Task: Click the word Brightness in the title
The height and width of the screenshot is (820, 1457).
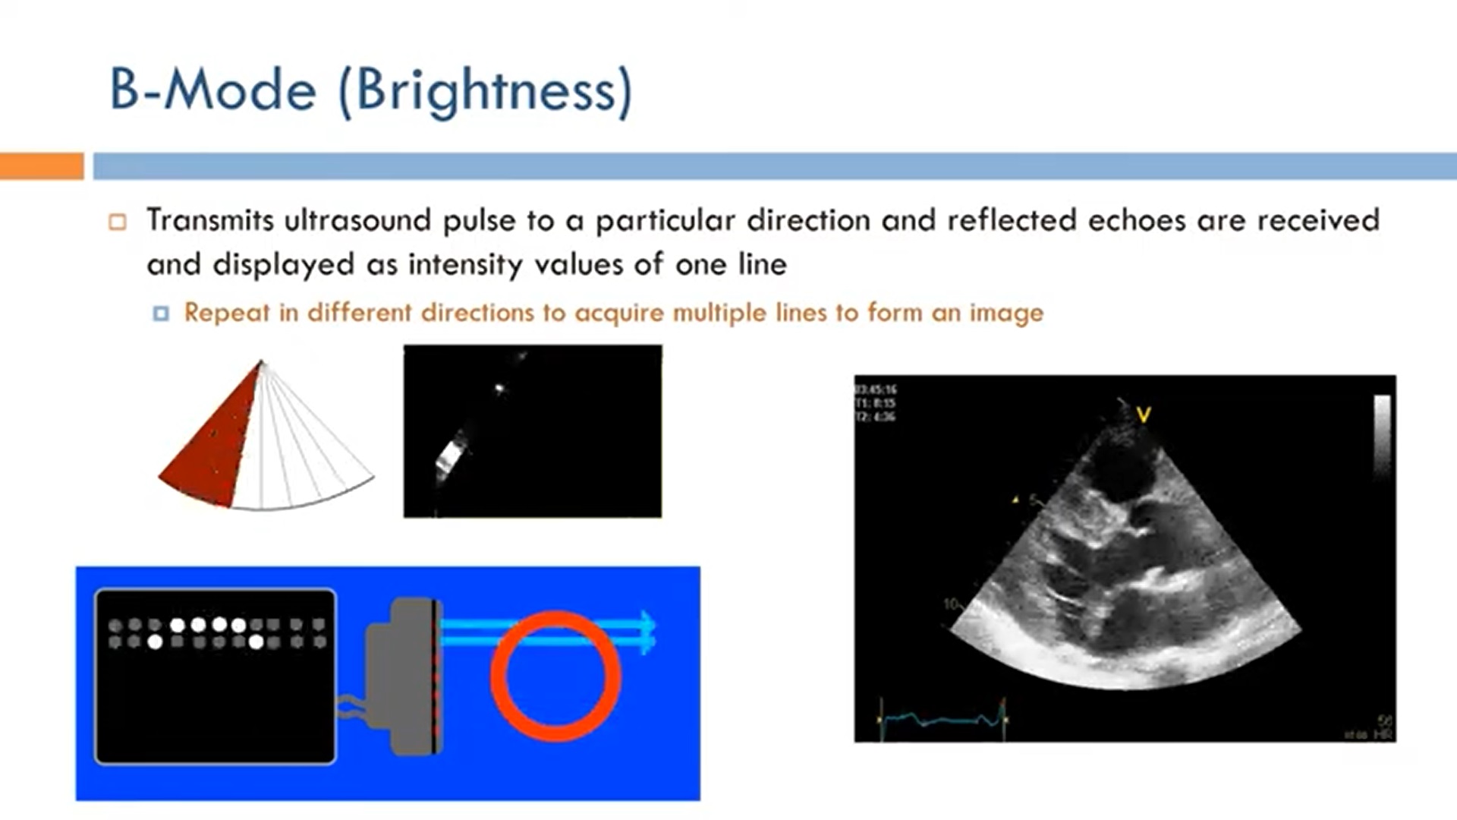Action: (x=486, y=91)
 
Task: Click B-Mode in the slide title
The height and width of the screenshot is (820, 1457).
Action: (x=213, y=91)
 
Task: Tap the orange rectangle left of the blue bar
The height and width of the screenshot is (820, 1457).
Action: (x=41, y=166)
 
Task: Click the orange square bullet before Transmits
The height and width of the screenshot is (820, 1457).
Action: (x=118, y=222)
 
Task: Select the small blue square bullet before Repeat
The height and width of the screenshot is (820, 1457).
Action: (x=161, y=314)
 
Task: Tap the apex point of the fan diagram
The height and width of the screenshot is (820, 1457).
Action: (x=260, y=362)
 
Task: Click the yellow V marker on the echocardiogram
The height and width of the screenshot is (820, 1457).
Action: (x=1144, y=415)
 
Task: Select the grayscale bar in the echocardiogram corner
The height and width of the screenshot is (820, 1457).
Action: (x=1382, y=437)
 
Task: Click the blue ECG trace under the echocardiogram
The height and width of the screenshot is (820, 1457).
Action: (x=941, y=718)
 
